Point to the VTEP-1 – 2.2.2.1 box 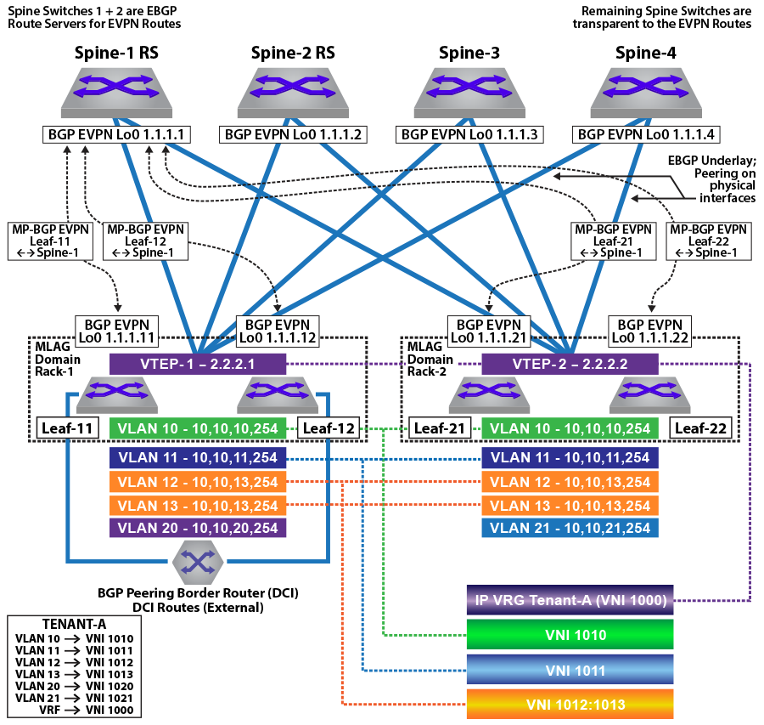point(199,364)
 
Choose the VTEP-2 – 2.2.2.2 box point(570,364)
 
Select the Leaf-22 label point(701,428)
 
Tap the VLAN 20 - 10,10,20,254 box point(199,528)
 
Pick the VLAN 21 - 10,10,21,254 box point(570,528)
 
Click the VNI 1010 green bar point(570,634)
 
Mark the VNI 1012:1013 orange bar point(570,705)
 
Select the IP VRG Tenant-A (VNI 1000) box point(570,600)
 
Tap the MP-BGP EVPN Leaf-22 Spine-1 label point(708,241)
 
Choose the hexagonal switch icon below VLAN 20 point(198,562)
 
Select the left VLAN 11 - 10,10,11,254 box point(199,458)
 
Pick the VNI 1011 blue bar point(570,670)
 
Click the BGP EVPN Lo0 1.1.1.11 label point(115,331)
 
